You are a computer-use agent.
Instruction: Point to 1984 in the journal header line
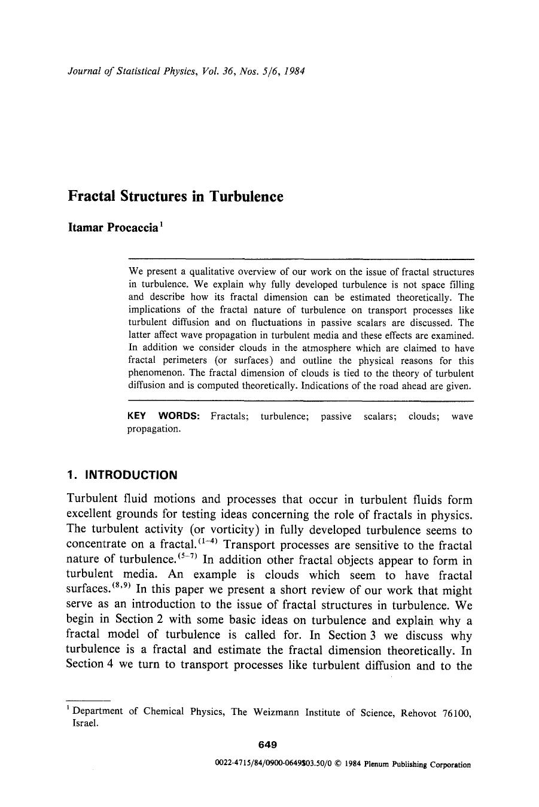tap(295, 71)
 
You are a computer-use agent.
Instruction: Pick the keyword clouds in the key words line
tap(424, 416)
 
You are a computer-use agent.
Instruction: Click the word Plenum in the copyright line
tap(376, 764)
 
